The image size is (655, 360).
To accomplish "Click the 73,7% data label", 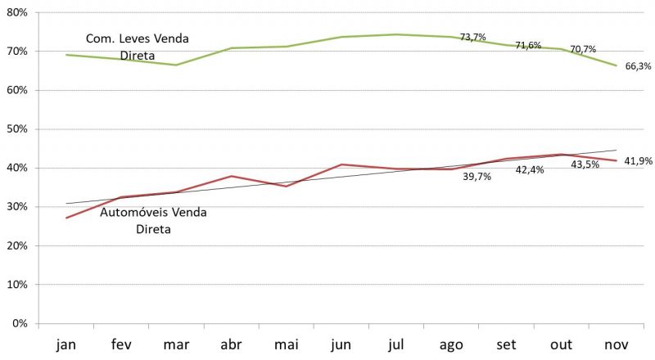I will pos(473,37).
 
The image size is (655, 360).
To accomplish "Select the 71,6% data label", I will pos(528,45).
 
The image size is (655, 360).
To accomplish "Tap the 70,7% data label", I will pos(584,49).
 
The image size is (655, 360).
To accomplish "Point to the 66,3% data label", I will pos(638,66).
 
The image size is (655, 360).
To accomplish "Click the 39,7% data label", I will pos(476,177).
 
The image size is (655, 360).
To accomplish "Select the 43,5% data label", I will pos(585,164).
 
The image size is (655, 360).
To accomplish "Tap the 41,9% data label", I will pos(638,161).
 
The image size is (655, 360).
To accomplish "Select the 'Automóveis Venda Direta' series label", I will pos(153,221).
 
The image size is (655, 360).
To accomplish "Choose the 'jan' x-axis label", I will pos(66,344).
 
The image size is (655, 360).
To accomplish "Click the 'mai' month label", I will pos(285,344).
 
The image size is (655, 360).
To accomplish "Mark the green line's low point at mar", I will pos(176,65).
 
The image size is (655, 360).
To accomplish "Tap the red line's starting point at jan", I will pos(66,218).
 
